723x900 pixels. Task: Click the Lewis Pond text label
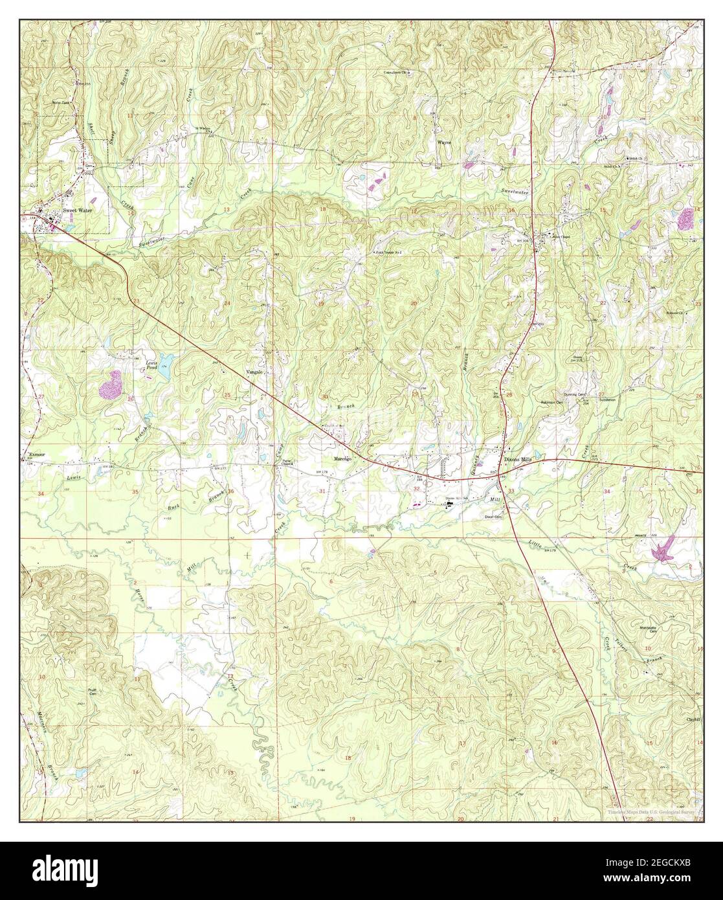click(151, 365)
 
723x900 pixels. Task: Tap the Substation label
click(606, 400)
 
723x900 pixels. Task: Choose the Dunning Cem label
click(574, 393)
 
